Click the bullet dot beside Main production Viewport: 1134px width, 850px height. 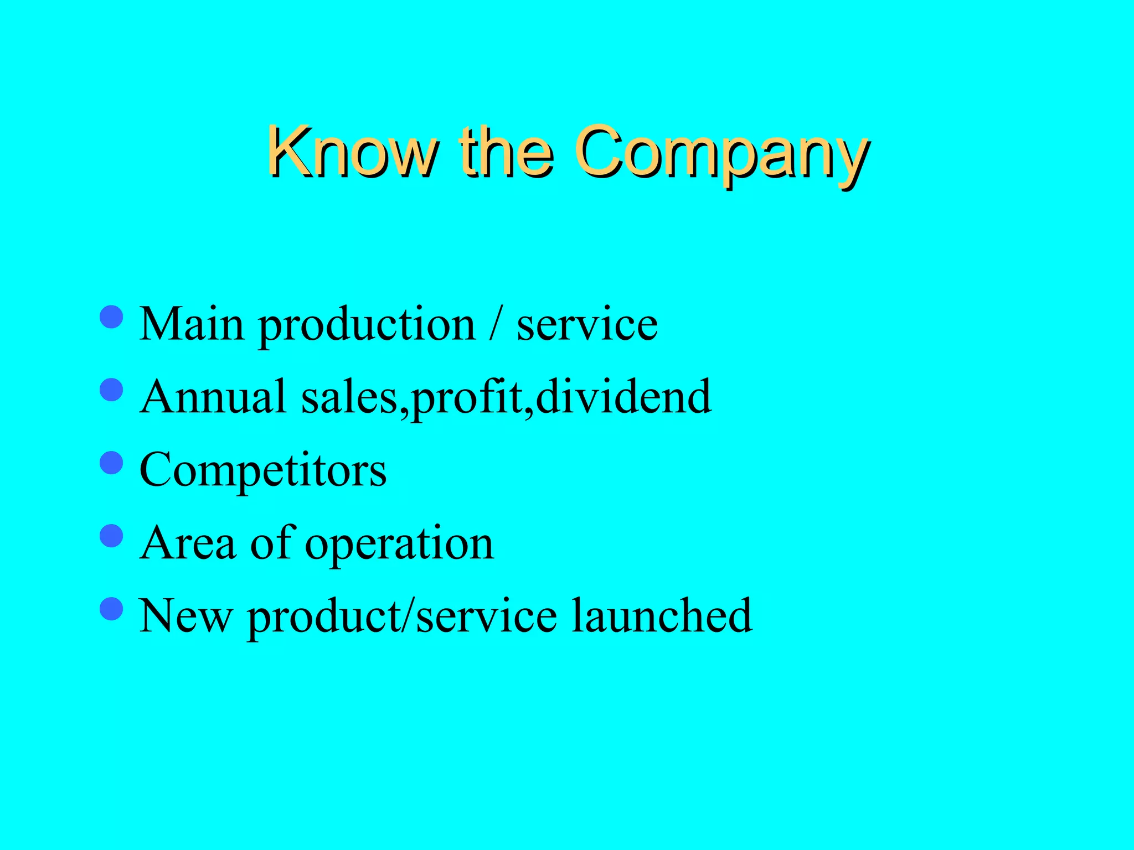coord(111,317)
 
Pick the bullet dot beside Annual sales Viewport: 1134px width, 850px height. coord(111,390)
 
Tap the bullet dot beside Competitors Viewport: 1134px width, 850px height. coord(111,463)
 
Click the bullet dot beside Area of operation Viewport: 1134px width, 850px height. coord(111,536)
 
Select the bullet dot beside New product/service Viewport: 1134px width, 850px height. coord(111,609)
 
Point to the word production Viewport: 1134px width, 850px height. coord(367,326)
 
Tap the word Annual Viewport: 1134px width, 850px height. coord(213,397)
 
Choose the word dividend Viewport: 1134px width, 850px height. coord(623,397)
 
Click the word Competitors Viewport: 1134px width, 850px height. coord(263,470)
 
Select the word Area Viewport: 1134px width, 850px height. coord(188,543)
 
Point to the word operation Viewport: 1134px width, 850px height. coord(399,546)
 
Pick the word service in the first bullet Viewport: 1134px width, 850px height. coord(587,325)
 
